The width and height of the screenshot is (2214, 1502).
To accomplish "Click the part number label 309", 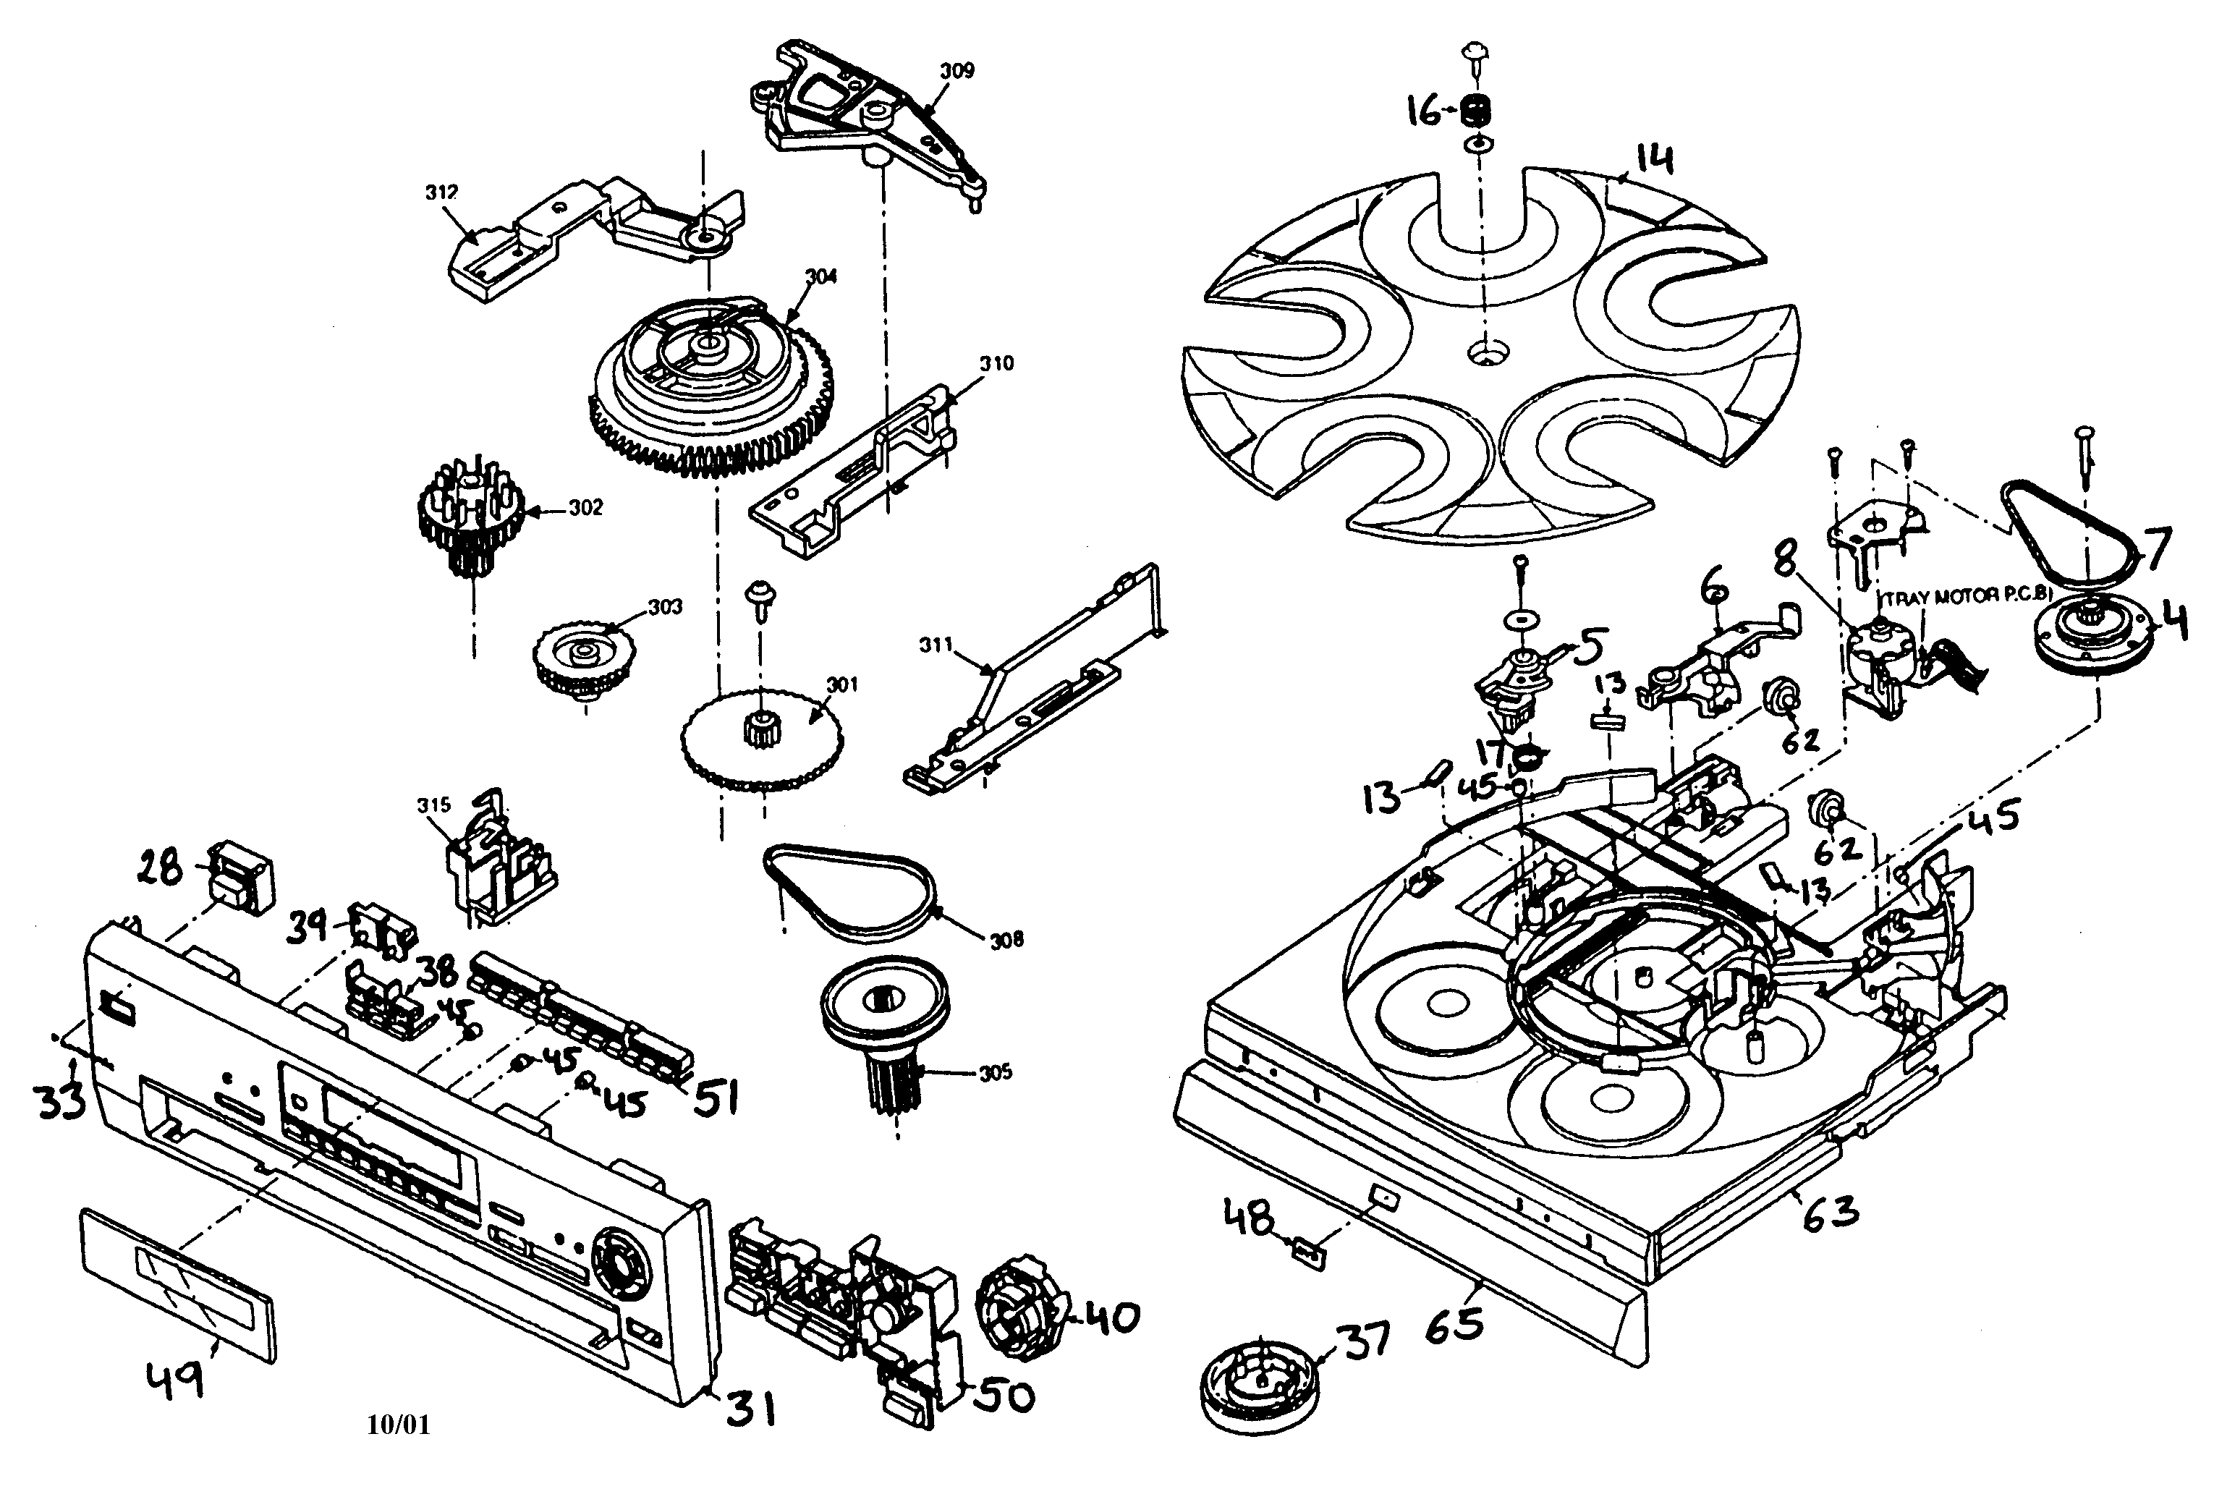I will coord(957,70).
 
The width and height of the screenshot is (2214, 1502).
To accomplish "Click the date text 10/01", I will coord(398,1425).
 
